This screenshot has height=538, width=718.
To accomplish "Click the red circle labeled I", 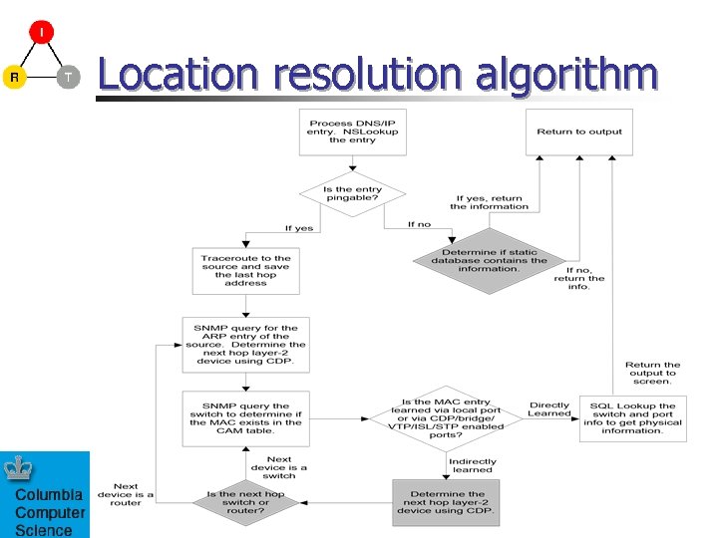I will tap(41, 33).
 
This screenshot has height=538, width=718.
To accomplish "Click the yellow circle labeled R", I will tap(14, 77).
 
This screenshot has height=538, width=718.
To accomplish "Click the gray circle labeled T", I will tap(68, 77).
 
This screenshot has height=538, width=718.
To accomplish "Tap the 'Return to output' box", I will tap(579, 132).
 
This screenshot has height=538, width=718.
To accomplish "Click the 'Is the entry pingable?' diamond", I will tap(352, 193).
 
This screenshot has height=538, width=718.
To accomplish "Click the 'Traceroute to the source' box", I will tap(245, 269).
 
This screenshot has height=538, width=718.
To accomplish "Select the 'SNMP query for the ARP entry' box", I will tap(245, 345).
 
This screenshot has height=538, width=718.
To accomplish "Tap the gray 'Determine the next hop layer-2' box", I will tap(447, 503).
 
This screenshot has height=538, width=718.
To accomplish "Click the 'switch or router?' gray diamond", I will tap(245, 502).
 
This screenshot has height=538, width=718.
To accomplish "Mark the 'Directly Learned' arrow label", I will tap(549, 409).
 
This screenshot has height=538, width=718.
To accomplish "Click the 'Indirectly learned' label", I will tap(472, 466).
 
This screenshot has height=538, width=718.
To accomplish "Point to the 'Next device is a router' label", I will tap(126, 494).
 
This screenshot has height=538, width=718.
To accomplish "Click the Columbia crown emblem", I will tap(18, 469).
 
